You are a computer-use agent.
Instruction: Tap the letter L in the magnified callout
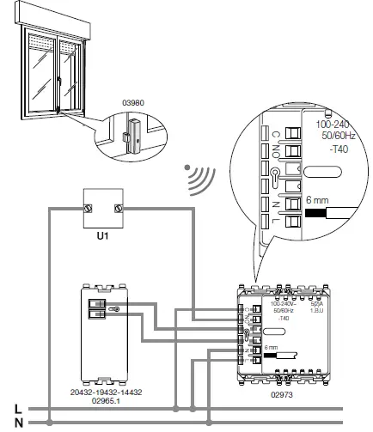(x=274, y=228)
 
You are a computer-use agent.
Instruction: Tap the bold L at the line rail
(x=8, y=409)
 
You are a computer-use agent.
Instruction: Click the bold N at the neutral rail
(x=8, y=422)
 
